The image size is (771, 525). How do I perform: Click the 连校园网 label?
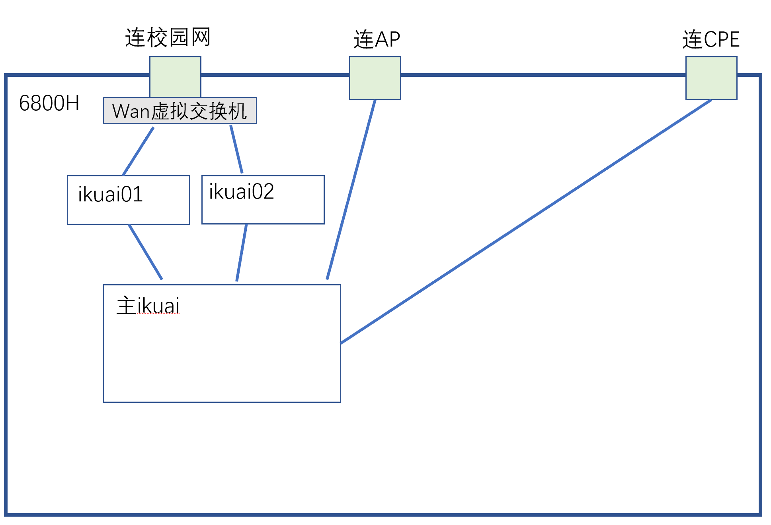[x=168, y=38]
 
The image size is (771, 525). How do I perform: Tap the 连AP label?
[x=377, y=39]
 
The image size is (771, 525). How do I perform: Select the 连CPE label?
[x=710, y=39]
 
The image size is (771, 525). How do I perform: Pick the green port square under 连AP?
[x=375, y=78]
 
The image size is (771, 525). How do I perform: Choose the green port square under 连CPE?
[x=711, y=78]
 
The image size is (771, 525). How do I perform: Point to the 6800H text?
[x=49, y=103]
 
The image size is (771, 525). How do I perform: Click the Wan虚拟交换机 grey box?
[x=180, y=111]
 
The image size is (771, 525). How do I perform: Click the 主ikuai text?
[x=148, y=306]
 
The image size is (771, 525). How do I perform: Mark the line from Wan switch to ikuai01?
[x=138, y=151]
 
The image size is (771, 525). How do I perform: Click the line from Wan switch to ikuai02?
[x=236, y=149]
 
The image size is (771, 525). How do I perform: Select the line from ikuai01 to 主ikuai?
[x=145, y=252]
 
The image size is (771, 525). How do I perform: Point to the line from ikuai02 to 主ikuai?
[x=242, y=253]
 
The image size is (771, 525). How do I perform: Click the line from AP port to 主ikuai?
[x=351, y=189]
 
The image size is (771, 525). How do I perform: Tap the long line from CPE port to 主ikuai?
[x=525, y=221]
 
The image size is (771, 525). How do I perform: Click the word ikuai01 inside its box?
[x=110, y=194]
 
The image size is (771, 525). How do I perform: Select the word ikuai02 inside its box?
[x=241, y=191]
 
